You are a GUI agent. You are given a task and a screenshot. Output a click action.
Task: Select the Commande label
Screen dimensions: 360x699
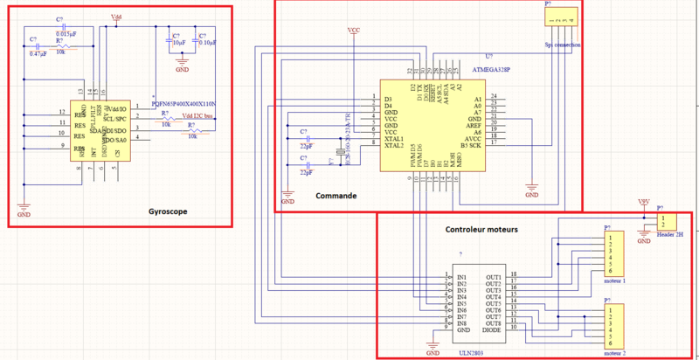coord(336,197)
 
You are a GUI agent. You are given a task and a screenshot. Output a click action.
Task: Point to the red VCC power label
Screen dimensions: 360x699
coord(354,31)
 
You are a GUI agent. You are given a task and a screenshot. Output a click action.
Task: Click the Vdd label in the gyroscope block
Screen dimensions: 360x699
coord(117,17)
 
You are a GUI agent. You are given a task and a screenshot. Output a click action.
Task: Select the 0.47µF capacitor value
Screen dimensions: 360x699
coord(38,54)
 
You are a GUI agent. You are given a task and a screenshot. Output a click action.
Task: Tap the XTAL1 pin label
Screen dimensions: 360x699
coord(394,139)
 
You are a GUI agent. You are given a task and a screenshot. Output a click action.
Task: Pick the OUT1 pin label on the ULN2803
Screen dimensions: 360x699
coord(495,277)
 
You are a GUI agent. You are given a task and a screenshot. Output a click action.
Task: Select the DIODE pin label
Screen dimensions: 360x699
coord(492,330)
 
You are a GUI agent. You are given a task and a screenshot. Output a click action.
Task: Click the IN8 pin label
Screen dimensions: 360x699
coord(460,323)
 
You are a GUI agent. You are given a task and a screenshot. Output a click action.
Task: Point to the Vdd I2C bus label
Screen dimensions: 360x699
coord(198,116)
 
